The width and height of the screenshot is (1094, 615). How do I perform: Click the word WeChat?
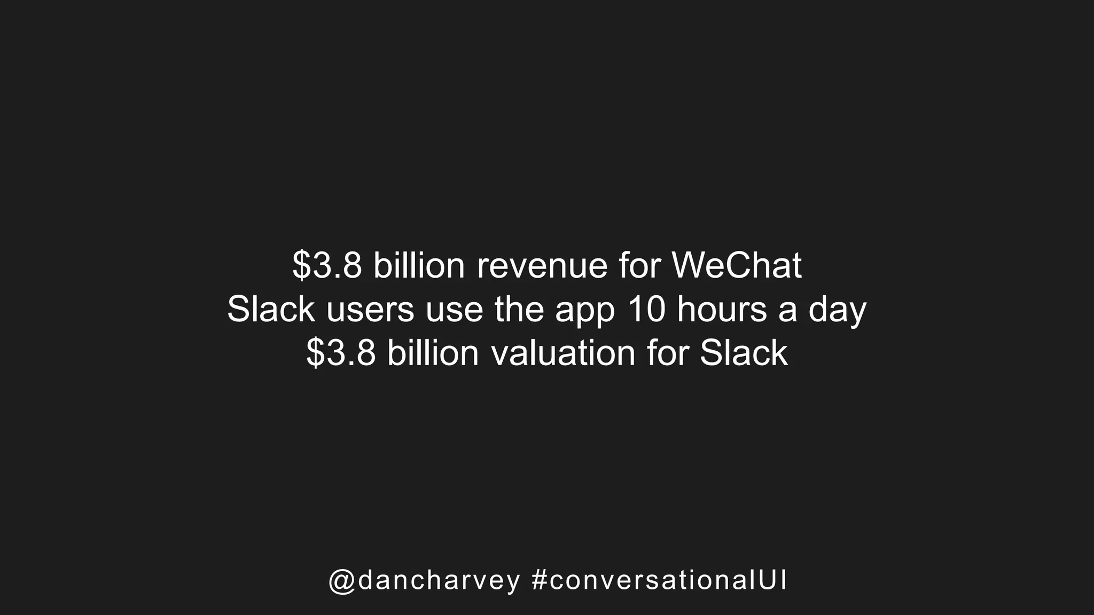[737, 265]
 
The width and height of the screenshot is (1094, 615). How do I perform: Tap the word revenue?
[542, 266]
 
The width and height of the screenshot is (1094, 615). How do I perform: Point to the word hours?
[722, 310]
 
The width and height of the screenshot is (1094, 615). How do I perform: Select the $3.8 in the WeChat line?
[327, 266]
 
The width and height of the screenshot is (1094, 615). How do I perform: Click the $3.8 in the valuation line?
[341, 353]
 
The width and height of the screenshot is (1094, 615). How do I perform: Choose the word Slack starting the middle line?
[271, 310]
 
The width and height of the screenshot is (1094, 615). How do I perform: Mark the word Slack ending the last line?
[744, 353]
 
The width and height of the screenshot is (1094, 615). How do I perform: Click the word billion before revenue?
[419, 265]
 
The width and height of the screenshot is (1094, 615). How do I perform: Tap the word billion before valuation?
[433, 353]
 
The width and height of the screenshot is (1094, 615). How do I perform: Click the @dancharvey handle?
[424, 581]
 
